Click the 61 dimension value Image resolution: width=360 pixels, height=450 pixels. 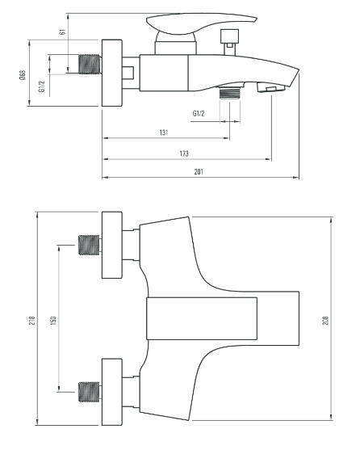click(62, 32)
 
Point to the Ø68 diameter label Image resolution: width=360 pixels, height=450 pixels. click(23, 75)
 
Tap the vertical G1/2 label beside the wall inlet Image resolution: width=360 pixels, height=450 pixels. click(42, 86)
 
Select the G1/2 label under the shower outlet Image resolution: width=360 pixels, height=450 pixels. click(199, 113)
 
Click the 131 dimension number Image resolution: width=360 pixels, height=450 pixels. click(164, 132)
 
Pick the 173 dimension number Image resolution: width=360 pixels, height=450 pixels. click(184, 154)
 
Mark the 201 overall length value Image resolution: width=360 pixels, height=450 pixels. click(199, 171)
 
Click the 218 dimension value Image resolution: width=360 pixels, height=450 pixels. click(32, 320)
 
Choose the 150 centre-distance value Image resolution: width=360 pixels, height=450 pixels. click(53, 320)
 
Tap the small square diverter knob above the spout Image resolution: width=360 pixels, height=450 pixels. click(229, 36)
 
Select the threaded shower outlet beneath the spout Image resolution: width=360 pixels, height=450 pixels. click(229, 93)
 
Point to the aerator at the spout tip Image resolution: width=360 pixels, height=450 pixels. click(270, 87)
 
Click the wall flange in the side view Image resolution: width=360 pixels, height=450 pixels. click(112, 73)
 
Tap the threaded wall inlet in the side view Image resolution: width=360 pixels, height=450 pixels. click(90, 64)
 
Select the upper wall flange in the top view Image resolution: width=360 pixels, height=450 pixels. click(112, 245)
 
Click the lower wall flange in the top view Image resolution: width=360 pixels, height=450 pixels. click(112, 392)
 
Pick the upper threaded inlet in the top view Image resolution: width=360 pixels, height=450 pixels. click(90, 245)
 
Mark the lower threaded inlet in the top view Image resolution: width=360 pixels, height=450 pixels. click(90, 392)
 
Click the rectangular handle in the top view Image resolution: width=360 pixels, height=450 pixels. click(202, 318)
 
